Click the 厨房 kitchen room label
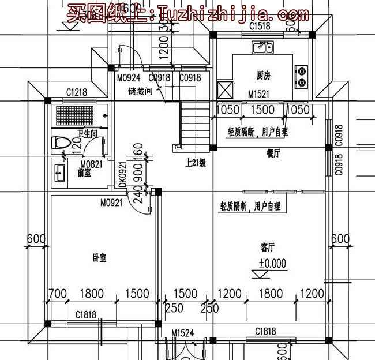point(263,76)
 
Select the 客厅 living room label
point(267,248)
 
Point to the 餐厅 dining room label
point(273,153)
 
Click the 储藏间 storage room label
point(140,91)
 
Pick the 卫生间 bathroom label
point(87,134)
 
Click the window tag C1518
point(260,27)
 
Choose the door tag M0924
point(128,78)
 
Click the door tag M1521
point(259,93)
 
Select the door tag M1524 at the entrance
point(183,333)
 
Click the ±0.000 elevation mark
point(272,263)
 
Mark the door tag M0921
point(111,202)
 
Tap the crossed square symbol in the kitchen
point(224,91)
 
